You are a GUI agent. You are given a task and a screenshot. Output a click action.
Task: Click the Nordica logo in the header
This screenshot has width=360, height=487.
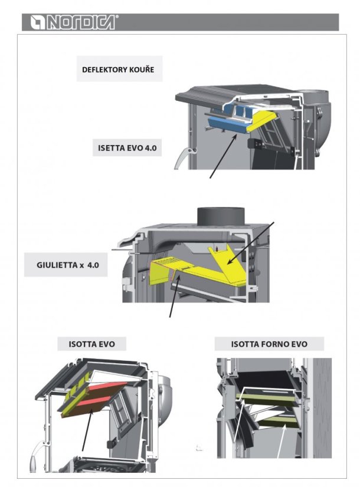[x=74, y=22]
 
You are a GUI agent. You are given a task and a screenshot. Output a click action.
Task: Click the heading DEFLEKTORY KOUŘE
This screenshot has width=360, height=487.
[x=118, y=69]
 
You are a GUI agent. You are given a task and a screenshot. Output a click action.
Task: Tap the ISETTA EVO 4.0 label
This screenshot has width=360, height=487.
[x=127, y=148]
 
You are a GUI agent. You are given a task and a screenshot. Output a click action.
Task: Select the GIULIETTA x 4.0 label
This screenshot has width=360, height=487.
[x=68, y=265]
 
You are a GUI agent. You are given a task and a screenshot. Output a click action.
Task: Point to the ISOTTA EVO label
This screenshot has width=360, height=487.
[x=91, y=344]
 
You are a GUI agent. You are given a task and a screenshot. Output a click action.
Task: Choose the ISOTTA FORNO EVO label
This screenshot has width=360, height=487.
[x=269, y=344]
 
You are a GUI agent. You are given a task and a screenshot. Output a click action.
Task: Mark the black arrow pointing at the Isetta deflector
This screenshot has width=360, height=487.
[x=223, y=157]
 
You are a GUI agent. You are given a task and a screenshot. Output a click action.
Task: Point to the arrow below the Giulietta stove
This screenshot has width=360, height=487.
[x=175, y=297]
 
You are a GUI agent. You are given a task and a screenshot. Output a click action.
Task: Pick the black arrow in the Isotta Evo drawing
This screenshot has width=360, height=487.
[x=87, y=430]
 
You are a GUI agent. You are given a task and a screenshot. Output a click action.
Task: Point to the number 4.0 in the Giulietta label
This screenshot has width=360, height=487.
[x=93, y=265]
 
